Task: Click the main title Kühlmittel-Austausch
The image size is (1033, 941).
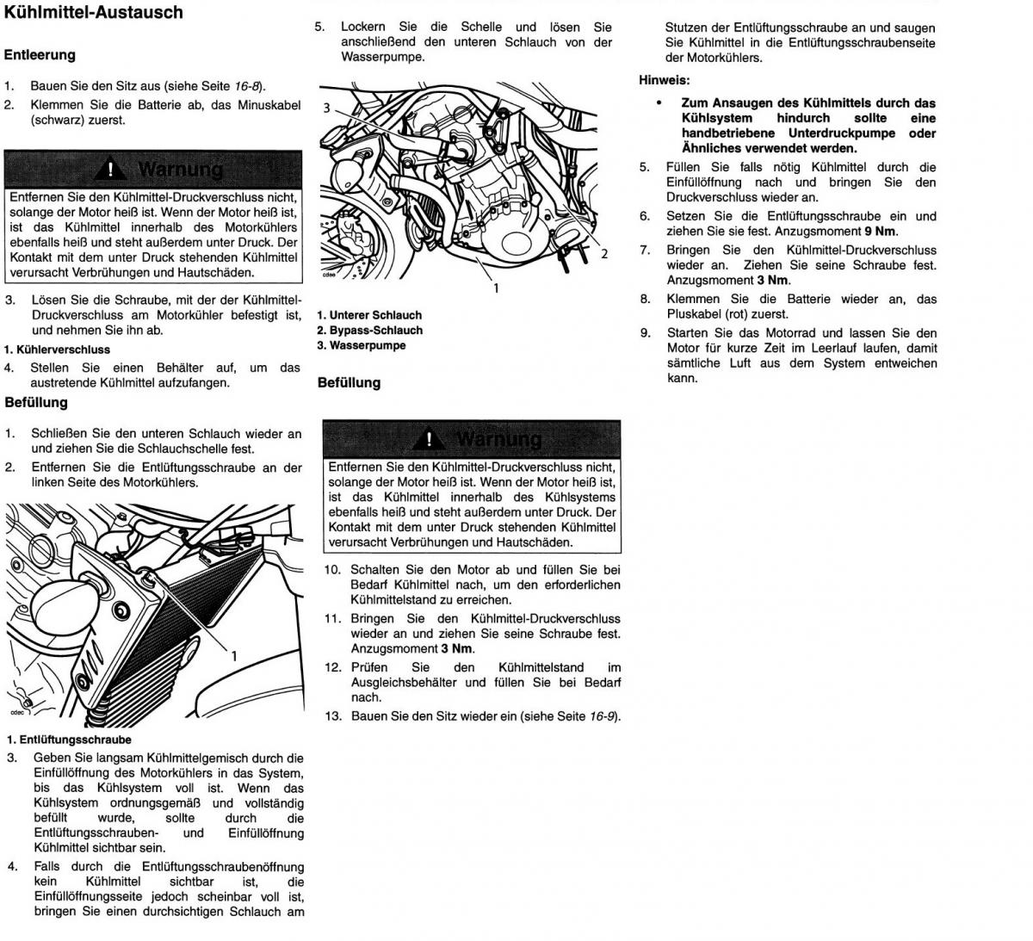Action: click(x=94, y=12)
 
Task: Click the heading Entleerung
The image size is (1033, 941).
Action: click(x=40, y=55)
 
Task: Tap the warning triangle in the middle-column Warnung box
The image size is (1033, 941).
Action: click(x=429, y=440)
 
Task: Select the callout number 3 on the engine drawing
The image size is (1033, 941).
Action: click(x=327, y=108)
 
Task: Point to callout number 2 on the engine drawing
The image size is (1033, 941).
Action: click(x=604, y=253)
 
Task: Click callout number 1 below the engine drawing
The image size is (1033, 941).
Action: click(x=496, y=288)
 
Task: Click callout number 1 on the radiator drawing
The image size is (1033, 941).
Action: click(x=232, y=655)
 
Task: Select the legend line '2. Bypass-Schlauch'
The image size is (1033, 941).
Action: click(x=369, y=331)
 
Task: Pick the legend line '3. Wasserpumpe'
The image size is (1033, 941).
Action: click(x=361, y=346)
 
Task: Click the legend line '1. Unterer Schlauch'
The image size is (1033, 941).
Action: click(x=369, y=315)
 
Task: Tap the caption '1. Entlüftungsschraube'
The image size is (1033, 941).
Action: click(x=69, y=740)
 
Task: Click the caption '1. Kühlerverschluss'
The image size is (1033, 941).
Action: click(x=57, y=350)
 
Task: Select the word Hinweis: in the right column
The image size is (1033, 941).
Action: click(x=664, y=80)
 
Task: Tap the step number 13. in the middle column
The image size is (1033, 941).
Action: click(x=333, y=716)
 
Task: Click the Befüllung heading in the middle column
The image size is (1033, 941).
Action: click(x=349, y=382)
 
